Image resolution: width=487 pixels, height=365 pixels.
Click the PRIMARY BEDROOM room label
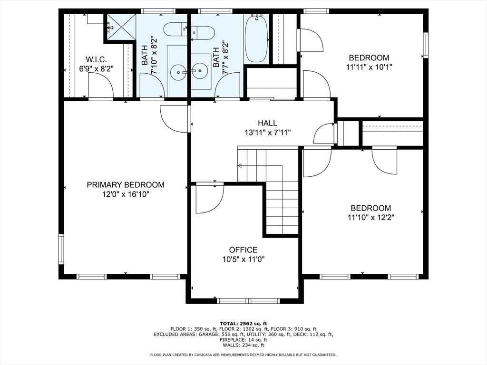click(x=126, y=185)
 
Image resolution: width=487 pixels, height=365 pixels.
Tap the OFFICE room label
click(x=243, y=250)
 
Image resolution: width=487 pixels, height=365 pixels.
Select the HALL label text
click(x=267, y=123)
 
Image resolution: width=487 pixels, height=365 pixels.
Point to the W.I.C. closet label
click(x=96, y=59)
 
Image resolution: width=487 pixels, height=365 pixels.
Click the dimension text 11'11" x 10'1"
click(x=369, y=67)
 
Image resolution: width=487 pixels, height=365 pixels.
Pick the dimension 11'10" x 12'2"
click(x=371, y=218)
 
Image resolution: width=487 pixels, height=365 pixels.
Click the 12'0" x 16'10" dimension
click(x=126, y=194)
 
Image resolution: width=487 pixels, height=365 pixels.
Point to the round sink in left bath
click(x=178, y=72)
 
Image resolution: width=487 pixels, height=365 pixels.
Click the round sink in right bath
click(x=199, y=71)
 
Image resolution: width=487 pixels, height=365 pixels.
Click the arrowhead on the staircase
click(x=240, y=166)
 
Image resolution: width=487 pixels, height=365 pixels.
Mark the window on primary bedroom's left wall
click(x=61, y=249)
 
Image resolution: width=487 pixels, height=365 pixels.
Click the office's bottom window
click(x=248, y=301)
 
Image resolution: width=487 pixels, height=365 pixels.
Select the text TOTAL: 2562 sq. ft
click(x=243, y=324)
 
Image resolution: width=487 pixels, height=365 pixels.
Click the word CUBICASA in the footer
click(x=203, y=355)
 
